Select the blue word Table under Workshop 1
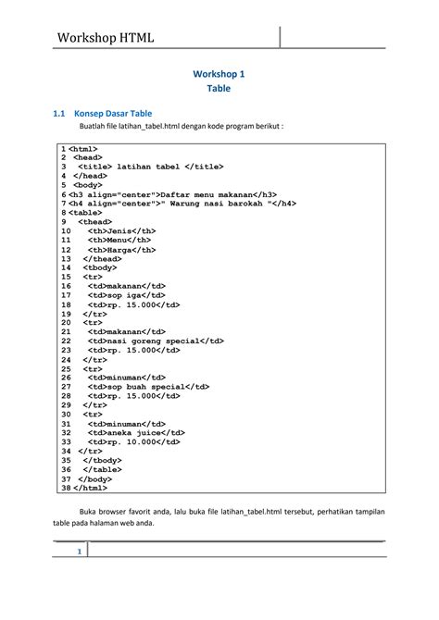(x=219, y=89)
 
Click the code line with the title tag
(x=151, y=166)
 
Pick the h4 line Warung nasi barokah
(x=182, y=204)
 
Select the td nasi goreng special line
(x=156, y=341)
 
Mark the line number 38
(x=65, y=488)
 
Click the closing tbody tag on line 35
(x=102, y=460)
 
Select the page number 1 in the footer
(x=81, y=552)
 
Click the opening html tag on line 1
(x=83, y=148)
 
